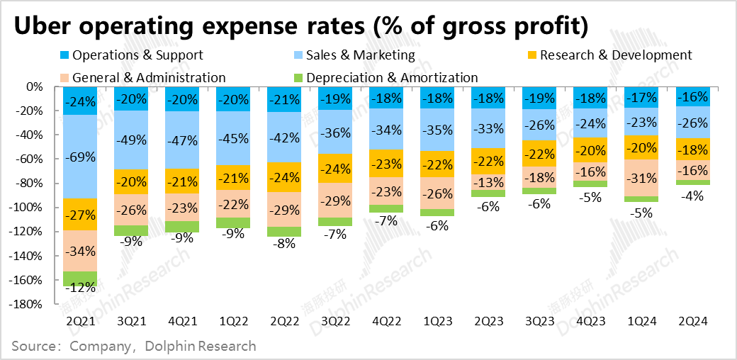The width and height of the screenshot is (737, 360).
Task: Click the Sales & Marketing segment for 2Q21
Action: tap(80, 157)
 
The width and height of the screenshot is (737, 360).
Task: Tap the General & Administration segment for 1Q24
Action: tap(641, 178)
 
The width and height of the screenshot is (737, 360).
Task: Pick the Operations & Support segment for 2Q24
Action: tap(692, 96)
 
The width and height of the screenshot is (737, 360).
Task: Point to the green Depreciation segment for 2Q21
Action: tap(80, 279)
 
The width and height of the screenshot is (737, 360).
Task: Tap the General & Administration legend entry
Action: tap(148, 78)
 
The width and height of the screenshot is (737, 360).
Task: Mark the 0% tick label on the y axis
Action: tap(35, 87)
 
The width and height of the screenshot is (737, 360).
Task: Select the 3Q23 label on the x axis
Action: tap(539, 320)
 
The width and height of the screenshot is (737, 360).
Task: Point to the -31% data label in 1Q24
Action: tap(641, 178)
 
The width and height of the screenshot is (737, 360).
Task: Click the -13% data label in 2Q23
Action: tap(488, 182)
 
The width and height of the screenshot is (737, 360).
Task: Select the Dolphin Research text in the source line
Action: tap(199, 347)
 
